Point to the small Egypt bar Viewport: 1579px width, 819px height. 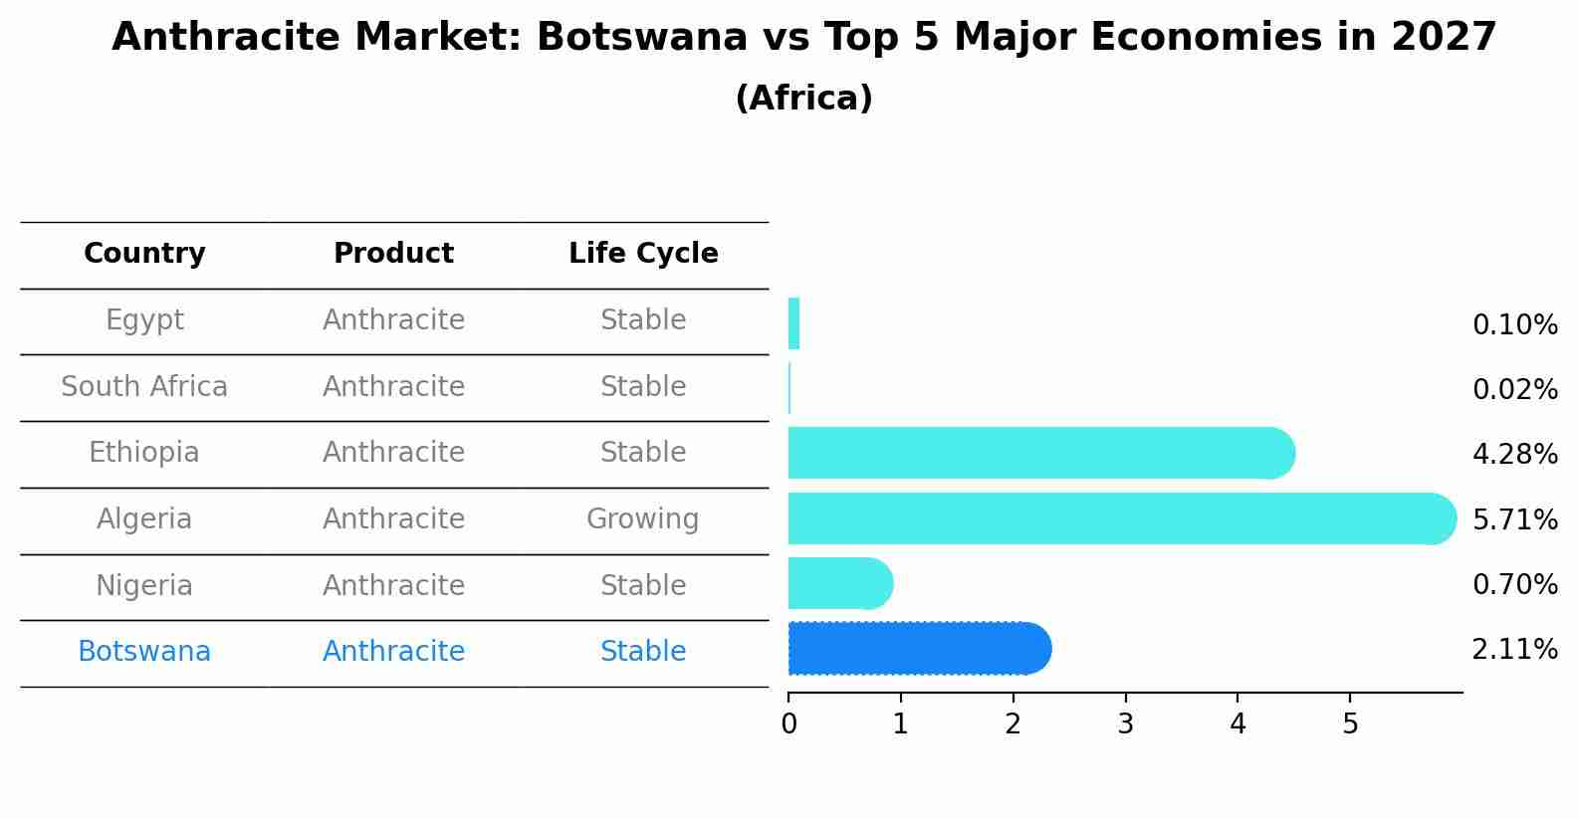click(x=793, y=323)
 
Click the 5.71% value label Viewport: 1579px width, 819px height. click(x=1514, y=519)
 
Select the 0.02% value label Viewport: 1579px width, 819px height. click(x=1514, y=389)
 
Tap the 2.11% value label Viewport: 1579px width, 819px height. click(x=1514, y=650)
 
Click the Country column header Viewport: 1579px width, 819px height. click(x=144, y=254)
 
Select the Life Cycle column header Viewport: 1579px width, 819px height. click(x=643, y=254)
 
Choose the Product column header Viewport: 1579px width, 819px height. click(x=393, y=254)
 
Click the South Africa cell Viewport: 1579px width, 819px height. click(x=144, y=386)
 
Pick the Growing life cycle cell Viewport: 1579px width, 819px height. click(x=642, y=519)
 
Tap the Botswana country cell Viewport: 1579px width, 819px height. click(x=144, y=652)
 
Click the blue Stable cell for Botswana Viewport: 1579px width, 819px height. click(x=642, y=652)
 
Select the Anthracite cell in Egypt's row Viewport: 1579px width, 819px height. click(x=393, y=320)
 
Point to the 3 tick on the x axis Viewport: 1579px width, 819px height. click(x=1125, y=723)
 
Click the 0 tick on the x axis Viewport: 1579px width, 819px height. click(x=789, y=723)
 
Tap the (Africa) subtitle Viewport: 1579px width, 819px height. click(x=803, y=99)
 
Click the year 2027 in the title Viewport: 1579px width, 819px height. click(x=1444, y=38)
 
